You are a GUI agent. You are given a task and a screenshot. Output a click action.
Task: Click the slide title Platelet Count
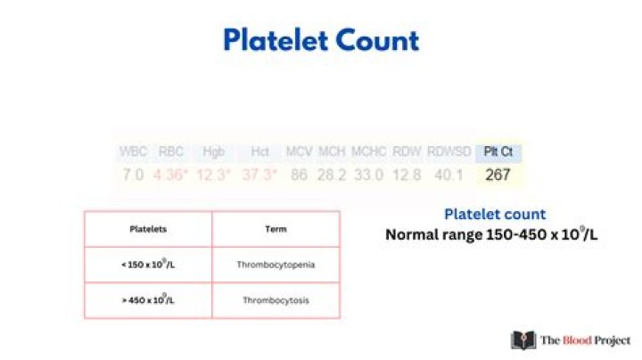tap(320, 40)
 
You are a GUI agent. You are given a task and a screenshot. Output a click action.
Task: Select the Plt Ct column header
tap(498, 151)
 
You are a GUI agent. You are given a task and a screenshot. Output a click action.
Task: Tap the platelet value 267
tap(498, 175)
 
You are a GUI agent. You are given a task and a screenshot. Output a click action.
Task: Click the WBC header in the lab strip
tap(133, 151)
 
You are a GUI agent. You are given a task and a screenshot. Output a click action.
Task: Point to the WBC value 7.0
tap(133, 175)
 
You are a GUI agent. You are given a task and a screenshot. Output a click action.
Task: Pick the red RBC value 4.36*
tap(170, 175)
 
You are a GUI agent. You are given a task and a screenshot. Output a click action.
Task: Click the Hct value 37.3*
tap(259, 175)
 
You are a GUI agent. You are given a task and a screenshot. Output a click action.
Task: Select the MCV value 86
tap(299, 175)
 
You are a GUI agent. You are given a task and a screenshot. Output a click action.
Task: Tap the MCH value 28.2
tap(332, 175)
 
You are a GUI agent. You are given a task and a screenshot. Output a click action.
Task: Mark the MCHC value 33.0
tap(367, 175)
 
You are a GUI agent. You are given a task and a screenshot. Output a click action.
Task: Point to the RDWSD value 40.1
tap(449, 175)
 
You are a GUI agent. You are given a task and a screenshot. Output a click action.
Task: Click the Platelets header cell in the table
tap(148, 229)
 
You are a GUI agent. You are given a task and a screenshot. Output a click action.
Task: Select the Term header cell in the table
tap(276, 229)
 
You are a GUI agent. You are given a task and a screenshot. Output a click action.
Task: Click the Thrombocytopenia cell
tap(276, 265)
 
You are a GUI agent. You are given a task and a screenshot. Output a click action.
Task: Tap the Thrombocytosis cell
tap(276, 300)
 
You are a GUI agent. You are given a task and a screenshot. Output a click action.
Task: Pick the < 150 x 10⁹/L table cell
tap(148, 265)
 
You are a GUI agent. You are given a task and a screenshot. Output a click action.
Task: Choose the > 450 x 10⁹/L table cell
tap(148, 300)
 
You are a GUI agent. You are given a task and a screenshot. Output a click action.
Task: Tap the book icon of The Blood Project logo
tap(523, 340)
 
